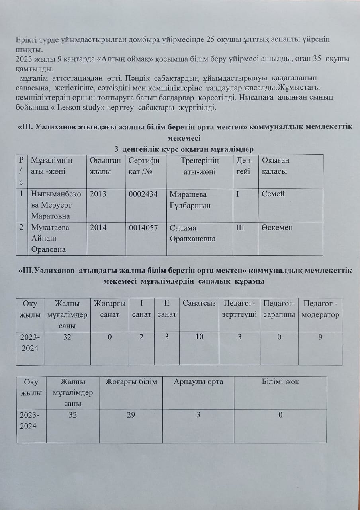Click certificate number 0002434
point(143,194)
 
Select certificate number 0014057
point(143,228)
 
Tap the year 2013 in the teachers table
point(98,194)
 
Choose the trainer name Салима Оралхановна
point(193,233)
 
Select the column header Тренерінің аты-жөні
point(200,166)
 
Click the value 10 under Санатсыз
point(199,337)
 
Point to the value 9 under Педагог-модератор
point(321,337)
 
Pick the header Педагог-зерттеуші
point(239,309)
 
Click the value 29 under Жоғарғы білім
point(131,415)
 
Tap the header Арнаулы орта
point(198,382)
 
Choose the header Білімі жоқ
point(280,382)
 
